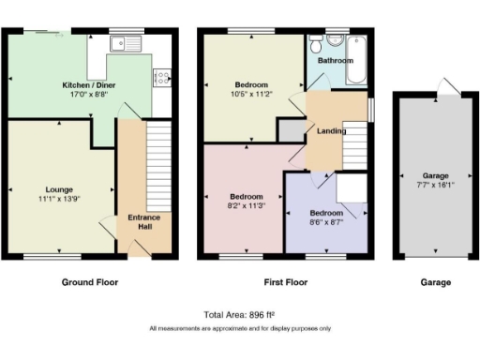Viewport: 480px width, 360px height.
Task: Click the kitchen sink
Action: (x=124, y=43)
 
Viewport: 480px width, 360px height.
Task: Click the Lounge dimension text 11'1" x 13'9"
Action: (x=58, y=198)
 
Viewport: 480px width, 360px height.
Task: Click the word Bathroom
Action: (x=336, y=60)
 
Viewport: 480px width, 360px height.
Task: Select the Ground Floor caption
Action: (x=90, y=282)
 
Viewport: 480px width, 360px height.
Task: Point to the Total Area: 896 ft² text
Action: (x=239, y=315)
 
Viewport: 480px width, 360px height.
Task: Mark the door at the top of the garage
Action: (x=452, y=87)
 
